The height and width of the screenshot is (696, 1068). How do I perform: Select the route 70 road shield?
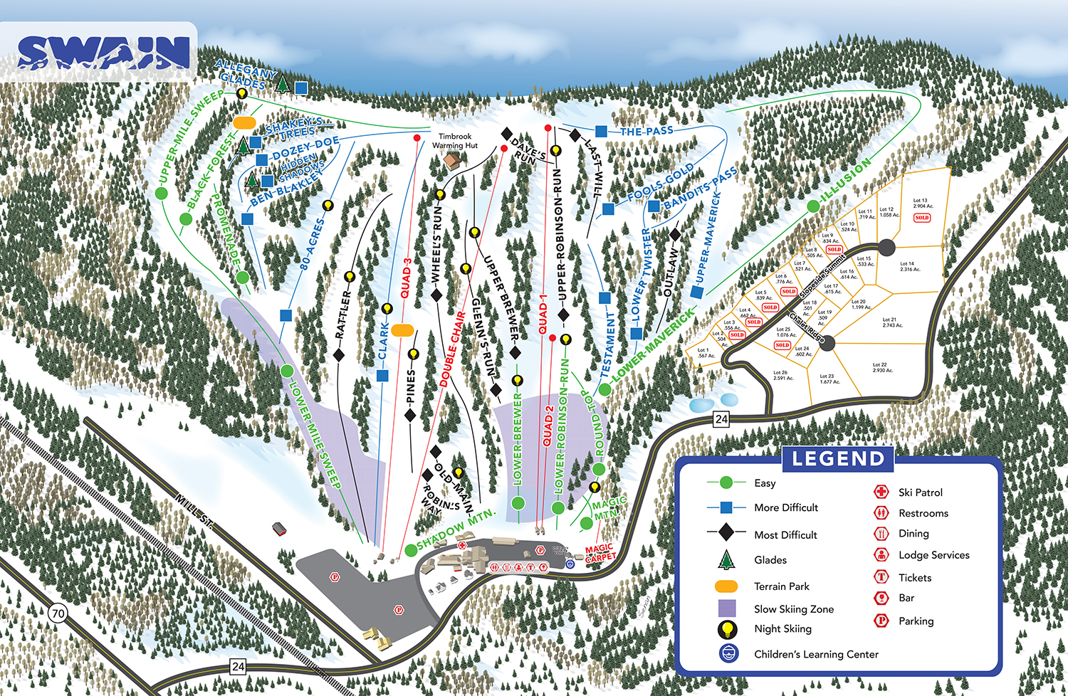58,613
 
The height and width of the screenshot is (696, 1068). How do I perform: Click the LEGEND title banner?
838,459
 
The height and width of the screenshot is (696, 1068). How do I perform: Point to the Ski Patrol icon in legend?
881,492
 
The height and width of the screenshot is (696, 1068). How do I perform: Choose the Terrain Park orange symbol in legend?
726,586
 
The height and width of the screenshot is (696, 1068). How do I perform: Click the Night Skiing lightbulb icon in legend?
728,629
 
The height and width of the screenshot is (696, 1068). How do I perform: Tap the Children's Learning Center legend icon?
728,653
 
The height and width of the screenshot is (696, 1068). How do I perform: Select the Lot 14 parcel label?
909,266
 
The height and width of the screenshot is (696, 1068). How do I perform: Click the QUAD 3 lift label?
406,278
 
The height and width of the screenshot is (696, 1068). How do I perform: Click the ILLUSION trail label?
846,180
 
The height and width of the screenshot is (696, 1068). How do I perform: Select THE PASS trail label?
646,131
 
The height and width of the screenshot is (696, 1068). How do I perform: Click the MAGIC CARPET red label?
600,553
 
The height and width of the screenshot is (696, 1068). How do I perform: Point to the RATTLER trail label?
342,314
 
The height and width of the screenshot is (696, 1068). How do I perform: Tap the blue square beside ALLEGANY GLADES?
301,87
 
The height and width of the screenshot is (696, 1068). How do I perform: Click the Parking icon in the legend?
881,621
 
